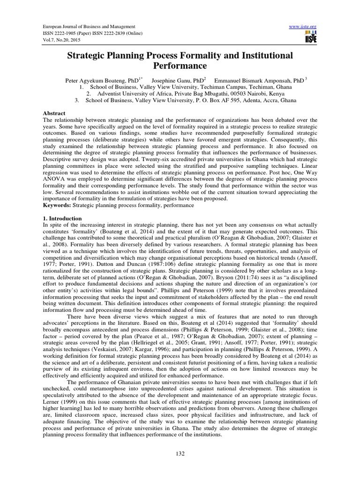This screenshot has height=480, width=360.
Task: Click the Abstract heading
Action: point(53,113)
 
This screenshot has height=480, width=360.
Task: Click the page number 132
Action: point(180,453)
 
